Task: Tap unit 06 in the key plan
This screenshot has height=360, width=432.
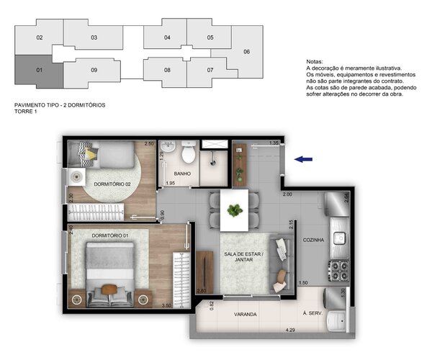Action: coord(246,52)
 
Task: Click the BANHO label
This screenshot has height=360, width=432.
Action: coord(182,174)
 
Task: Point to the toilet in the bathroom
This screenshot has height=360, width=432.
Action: coord(189,154)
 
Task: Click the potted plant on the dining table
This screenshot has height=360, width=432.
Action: coord(234,210)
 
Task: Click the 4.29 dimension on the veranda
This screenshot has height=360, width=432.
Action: coord(289,330)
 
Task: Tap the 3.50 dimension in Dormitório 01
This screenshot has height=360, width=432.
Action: coord(167,306)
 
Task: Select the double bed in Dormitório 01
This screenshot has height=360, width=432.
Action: coord(109,270)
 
